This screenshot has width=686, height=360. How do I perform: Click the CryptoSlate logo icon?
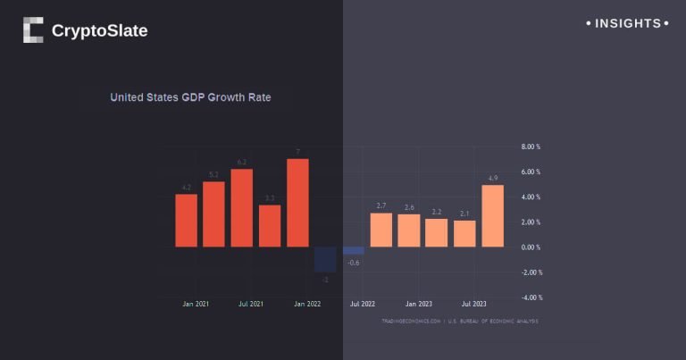tap(33, 30)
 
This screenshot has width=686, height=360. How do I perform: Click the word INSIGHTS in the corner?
tap(629, 23)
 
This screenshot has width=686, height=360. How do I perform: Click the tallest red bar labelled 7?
tap(297, 203)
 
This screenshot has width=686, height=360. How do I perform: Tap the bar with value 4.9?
tap(492, 215)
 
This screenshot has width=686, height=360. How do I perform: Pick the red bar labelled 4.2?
tap(186, 220)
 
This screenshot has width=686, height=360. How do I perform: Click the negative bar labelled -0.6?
tap(354, 250)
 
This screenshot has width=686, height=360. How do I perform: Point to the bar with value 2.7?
tap(381, 230)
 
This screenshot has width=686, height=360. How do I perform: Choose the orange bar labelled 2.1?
tap(464, 233)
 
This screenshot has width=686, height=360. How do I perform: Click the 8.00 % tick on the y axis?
tap(531, 147)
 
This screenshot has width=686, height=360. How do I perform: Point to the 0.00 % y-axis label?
tap(531, 247)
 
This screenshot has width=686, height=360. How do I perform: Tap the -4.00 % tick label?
tap(530, 297)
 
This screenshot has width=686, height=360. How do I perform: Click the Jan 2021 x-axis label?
tap(195, 305)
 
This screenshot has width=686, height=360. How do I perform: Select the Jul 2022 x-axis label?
tap(362, 305)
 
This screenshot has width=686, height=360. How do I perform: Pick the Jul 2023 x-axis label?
tap(473, 305)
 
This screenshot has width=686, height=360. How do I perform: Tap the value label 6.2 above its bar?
tap(241, 163)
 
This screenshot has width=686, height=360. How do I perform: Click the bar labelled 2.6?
tap(409, 230)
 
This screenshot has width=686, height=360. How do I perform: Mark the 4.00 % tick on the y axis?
tap(531, 197)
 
